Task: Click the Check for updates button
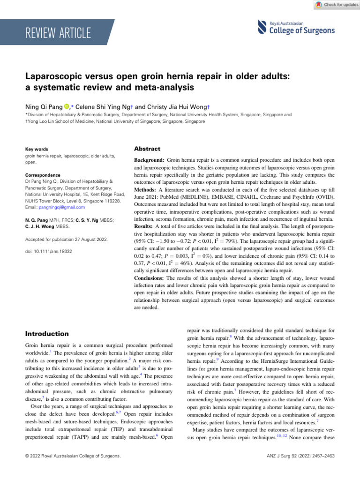(333, 4)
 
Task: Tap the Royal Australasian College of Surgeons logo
(296, 28)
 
